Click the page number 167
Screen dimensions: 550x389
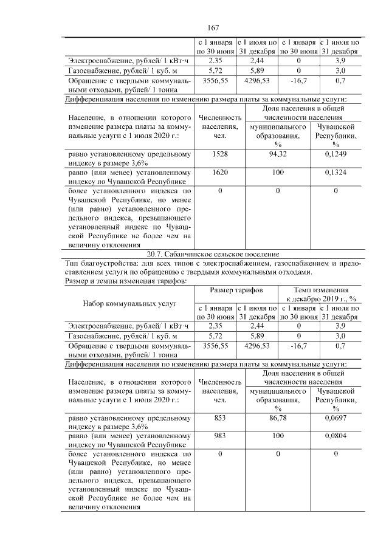click(212, 28)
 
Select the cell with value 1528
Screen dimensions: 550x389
click(219, 154)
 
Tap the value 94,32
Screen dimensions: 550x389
click(278, 154)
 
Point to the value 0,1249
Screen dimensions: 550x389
click(336, 154)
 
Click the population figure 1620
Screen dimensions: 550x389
click(219, 173)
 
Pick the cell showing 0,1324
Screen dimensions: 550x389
click(336, 173)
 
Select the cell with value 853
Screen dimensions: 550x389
click(219, 418)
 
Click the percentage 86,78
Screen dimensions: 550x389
click(278, 418)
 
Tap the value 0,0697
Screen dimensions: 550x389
click(336, 418)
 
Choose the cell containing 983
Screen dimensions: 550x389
click(219, 436)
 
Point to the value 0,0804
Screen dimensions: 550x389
click(336, 436)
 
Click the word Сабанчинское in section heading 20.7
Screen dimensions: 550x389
click(198, 253)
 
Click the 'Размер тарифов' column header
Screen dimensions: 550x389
click(236, 290)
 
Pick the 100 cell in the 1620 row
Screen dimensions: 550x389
click(278, 173)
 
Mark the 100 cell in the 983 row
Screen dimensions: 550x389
click(278, 436)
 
